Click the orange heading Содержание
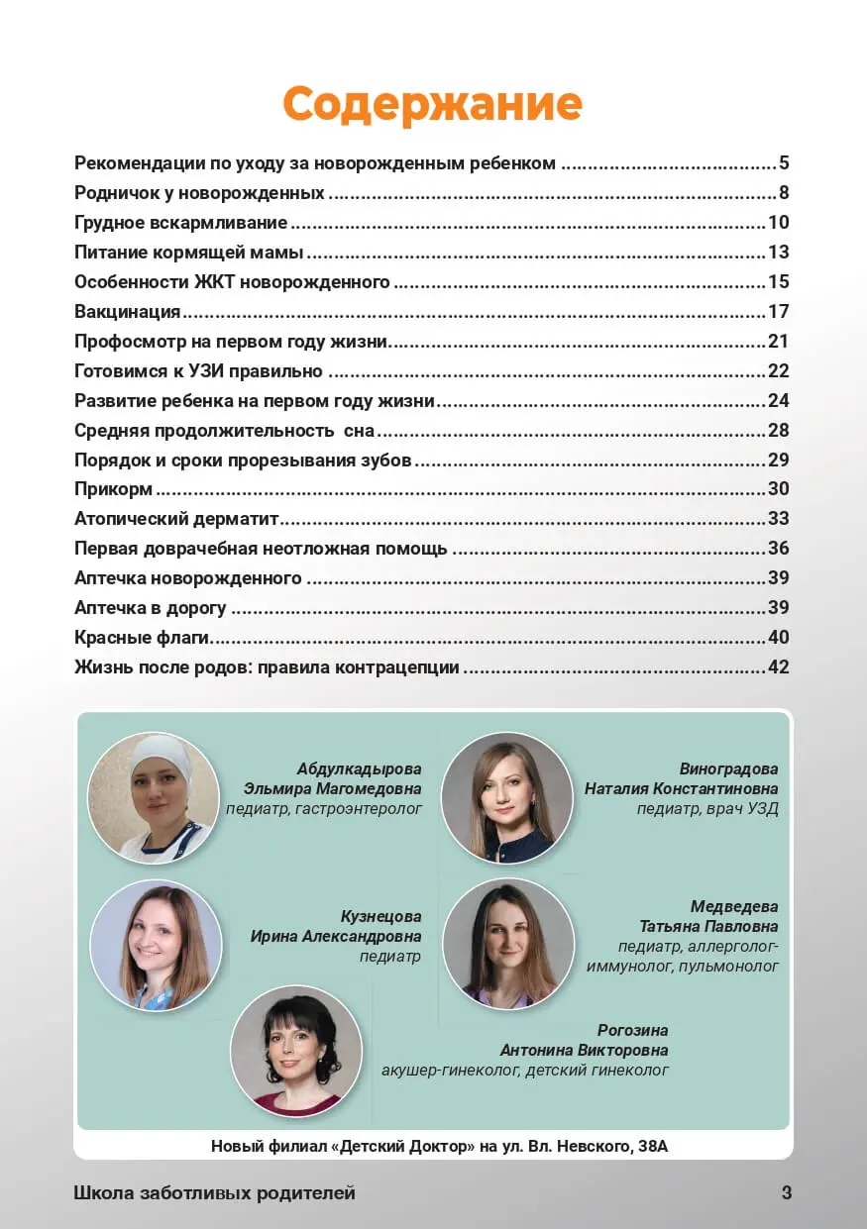click(432, 103)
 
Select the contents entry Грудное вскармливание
click(181, 222)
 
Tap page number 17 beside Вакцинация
click(778, 312)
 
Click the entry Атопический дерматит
click(176, 519)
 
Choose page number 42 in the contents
click(778, 667)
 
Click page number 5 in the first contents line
click(783, 163)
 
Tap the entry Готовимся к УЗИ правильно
click(198, 371)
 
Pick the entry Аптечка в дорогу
click(151, 608)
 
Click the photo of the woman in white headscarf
click(154, 797)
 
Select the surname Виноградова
click(728, 769)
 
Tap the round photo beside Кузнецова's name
click(156, 945)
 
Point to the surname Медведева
click(734, 907)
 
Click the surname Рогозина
click(632, 1031)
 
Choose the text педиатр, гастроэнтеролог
click(324, 809)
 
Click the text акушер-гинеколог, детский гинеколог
click(524, 1071)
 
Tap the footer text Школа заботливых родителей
click(214, 1193)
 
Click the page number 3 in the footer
click(787, 1193)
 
